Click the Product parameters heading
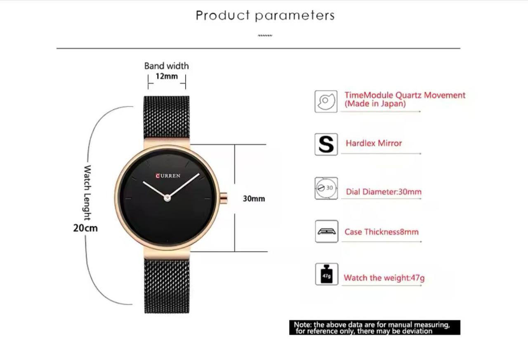[x=265, y=16]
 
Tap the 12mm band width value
[x=167, y=76]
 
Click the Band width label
[x=167, y=66]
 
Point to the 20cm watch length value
[x=85, y=228]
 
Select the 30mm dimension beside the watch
[x=254, y=199]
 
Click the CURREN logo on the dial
[x=168, y=176]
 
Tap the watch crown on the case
[x=224, y=198]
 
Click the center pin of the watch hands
[x=167, y=198]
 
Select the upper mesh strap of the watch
[x=167, y=117]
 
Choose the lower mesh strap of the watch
[x=167, y=286]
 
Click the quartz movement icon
[x=326, y=101]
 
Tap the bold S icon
[x=326, y=144]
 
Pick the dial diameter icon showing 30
[x=326, y=188]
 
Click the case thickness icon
[x=326, y=231]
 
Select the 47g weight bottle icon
[x=327, y=274]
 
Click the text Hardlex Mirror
[x=374, y=143]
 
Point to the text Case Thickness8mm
[x=382, y=232]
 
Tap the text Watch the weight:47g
[x=384, y=278]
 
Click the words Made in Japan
[x=375, y=104]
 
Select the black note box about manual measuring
[x=375, y=327]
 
